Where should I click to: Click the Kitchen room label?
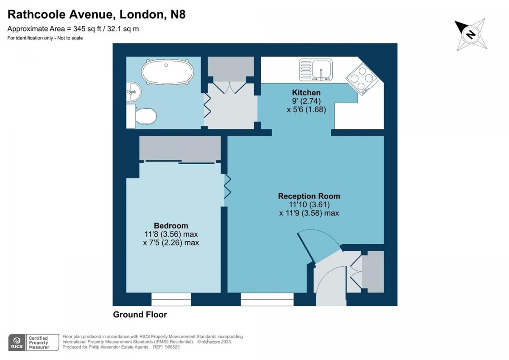tap(306, 92)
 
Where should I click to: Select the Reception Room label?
tap(309, 196)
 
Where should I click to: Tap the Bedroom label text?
tap(171, 226)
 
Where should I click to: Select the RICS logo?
tap(17, 342)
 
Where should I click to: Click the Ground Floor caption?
tap(140, 315)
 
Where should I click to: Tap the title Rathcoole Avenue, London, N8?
tap(97, 14)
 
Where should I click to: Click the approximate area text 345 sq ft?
tap(73, 29)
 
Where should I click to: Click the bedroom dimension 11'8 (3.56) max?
tap(171, 234)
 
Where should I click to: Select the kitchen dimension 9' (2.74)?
tap(306, 100)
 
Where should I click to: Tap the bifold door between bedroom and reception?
tap(227, 187)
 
